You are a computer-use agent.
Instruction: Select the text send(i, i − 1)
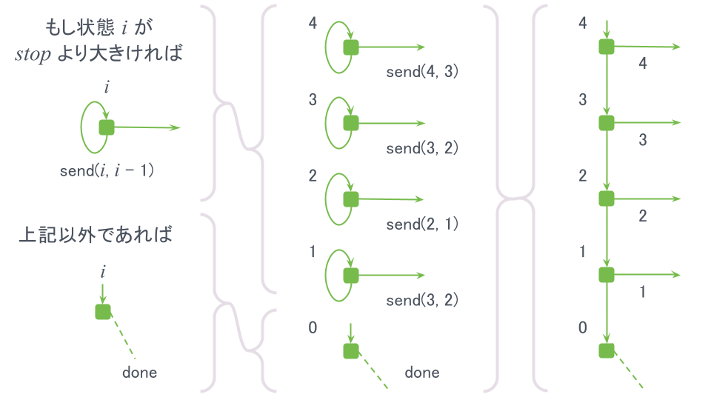coord(107,170)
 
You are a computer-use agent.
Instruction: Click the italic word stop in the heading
coord(33,55)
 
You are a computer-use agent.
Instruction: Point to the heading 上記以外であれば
coord(96,236)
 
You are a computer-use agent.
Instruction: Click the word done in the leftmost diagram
coord(139,372)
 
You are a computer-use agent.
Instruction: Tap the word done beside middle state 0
coord(421,372)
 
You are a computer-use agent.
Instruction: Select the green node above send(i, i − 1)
coord(107,127)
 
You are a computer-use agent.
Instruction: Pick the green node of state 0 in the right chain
coord(607,350)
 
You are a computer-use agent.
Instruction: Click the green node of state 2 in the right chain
coord(607,199)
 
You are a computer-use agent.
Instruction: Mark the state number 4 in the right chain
coord(583,23)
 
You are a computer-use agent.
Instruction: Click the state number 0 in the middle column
coord(313,327)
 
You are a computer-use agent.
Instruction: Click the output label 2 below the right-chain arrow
coord(642,216)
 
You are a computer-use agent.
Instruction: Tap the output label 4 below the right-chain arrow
coord(642,64)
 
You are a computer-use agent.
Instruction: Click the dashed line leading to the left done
coord(123,335)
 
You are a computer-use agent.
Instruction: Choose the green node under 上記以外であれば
coord(103,311)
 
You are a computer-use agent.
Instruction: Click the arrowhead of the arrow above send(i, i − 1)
coord(176,127)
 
